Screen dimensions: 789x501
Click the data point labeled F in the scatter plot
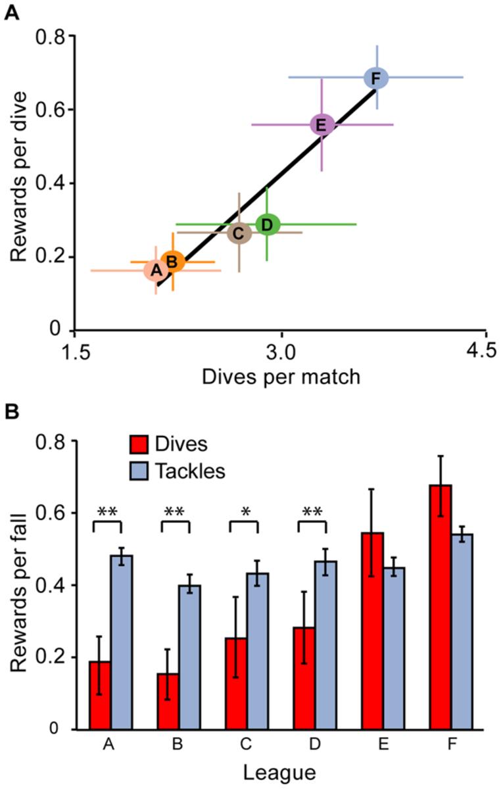pos(375,78)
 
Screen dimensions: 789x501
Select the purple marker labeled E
pos(322,124)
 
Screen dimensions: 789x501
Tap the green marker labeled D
pos(267,224)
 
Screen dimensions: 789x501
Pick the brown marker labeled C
pos(239,233)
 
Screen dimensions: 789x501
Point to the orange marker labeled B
pos(172,261)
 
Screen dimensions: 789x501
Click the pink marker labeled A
pos(156,270)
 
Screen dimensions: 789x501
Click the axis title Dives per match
pos(281,377)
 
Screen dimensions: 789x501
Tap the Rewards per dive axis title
pos(18,176)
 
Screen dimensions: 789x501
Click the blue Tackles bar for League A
pos(122,642)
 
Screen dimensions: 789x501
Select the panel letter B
pos(11,412)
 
